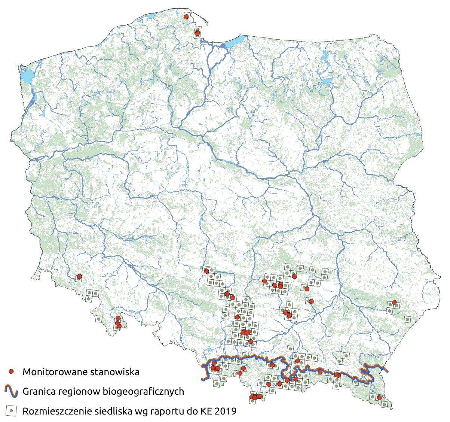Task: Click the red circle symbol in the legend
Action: coord(12,371)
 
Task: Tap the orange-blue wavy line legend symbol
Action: coord(12,391)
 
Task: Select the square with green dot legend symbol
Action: coord(12,411)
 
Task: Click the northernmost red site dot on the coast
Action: coord(186,16)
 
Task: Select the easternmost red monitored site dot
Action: coord(394,302)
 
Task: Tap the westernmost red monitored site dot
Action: coord(79,277)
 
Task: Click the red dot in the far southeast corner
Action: coord(379,398)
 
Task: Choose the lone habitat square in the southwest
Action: coord(99,319)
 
